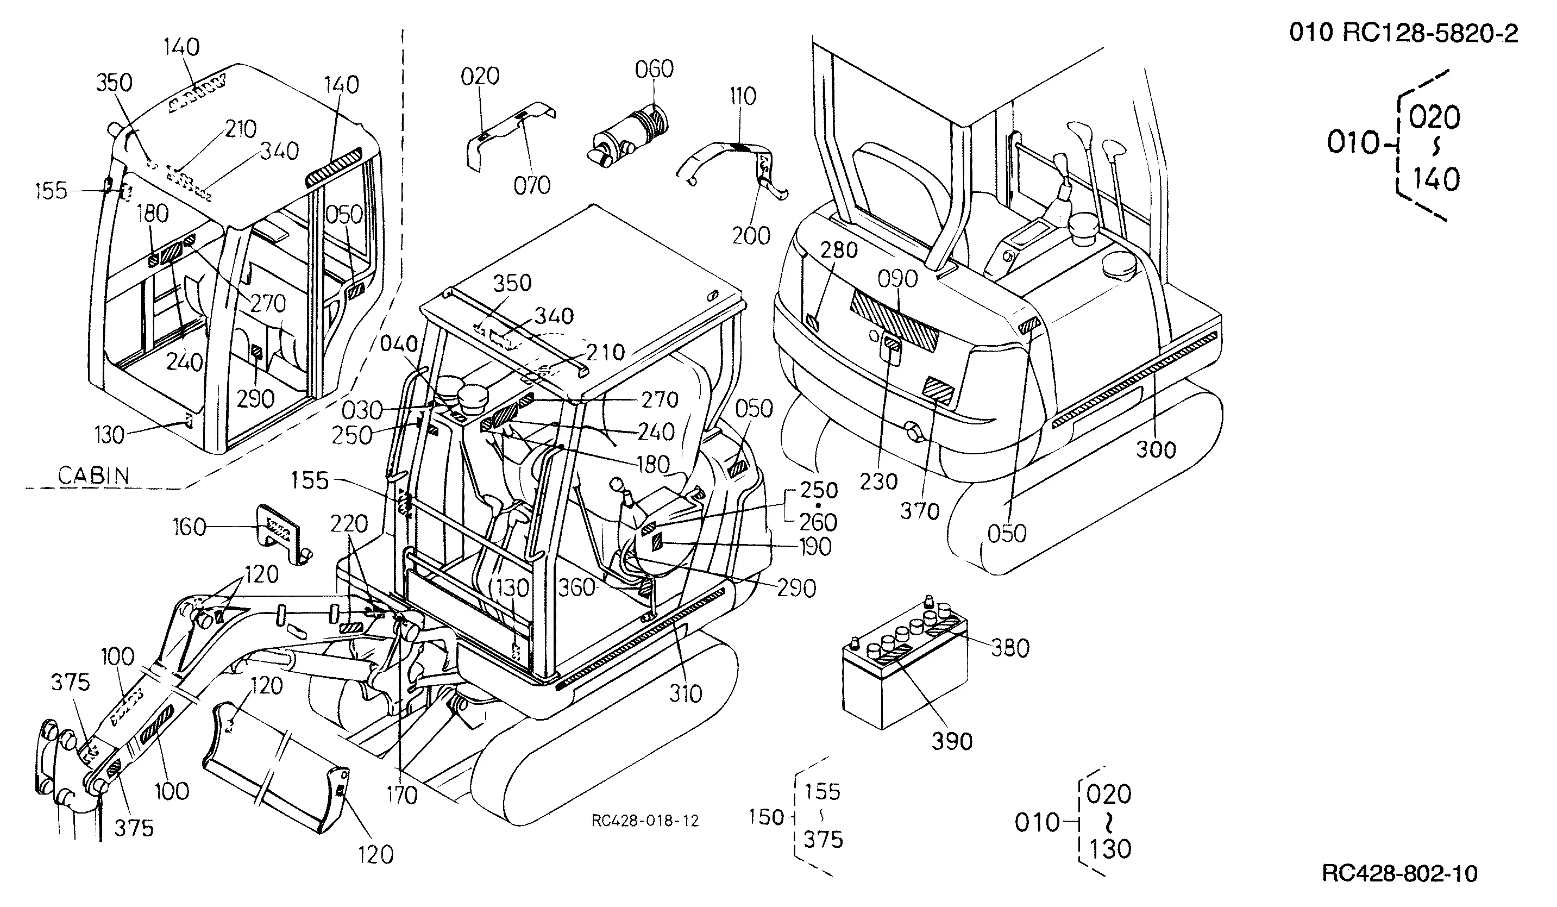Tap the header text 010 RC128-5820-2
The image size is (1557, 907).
pos(1403,33)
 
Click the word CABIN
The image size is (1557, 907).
pos(94,476)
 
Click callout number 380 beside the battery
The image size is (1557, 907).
pos(1010,648)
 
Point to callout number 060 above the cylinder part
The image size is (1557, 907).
pos(654,69)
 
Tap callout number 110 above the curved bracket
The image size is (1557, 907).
pos(742,96)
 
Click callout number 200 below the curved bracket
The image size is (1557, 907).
pos(751,235)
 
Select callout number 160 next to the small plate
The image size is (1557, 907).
pos(189,527)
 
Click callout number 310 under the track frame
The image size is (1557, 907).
pos(685,694)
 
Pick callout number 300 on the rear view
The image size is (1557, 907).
pos(1156,449)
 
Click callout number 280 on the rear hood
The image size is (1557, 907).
pos(838,250)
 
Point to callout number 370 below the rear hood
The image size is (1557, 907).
pos(919,511)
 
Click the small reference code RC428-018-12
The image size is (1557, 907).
pos(645,821)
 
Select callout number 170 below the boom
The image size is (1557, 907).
pos(401,795)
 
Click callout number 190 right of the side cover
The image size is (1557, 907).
pos(814,547)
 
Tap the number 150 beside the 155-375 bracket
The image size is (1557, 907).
pos(765,817)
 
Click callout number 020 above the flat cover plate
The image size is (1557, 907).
pos(480,77)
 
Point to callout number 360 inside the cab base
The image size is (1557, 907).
pos(576,587)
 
